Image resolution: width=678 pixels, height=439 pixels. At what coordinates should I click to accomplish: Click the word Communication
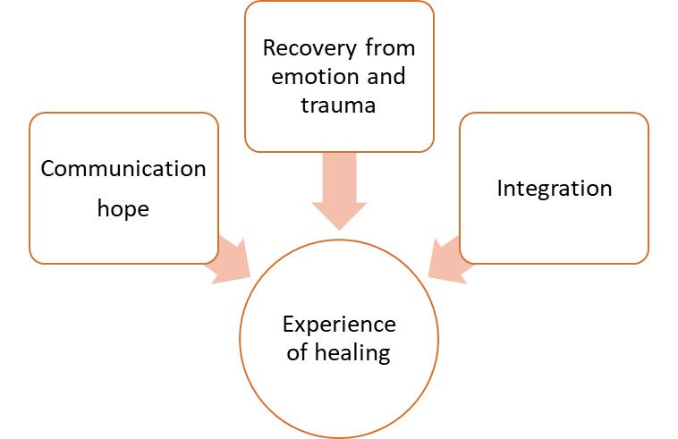pyautogui.click(x=123, y=168)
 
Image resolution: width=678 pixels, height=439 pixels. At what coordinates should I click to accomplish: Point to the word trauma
pyautogui.click(x=339, y=105)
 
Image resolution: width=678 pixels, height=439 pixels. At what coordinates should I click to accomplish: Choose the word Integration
pyautogui.click(x=555, y=188)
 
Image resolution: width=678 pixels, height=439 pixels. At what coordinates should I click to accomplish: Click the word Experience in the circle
pyautogui.click(x=339, y=324)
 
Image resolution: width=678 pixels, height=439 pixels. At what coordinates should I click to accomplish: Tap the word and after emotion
pyautogui.click(x=384, y=76)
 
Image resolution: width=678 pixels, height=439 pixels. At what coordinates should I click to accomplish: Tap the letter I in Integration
pyautogui.click(x=500, y=188)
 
